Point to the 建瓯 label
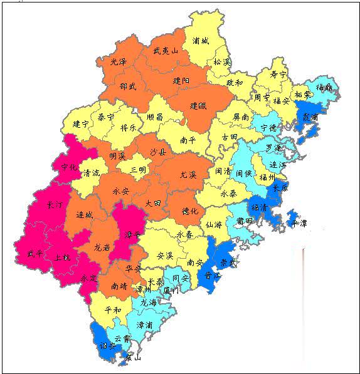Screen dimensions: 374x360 tap(198, 106)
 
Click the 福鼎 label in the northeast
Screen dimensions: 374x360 tap(324, 87)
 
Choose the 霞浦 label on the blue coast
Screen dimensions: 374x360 tap(310, 117)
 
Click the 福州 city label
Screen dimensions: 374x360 tap(268, 177)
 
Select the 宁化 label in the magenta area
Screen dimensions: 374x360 tap(70, 167)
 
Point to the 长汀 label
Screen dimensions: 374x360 tap(55, 205)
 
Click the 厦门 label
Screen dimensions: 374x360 tap(170, 290)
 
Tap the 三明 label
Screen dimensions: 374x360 tap(138, 169)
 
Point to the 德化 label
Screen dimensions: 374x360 tap(189, 211)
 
